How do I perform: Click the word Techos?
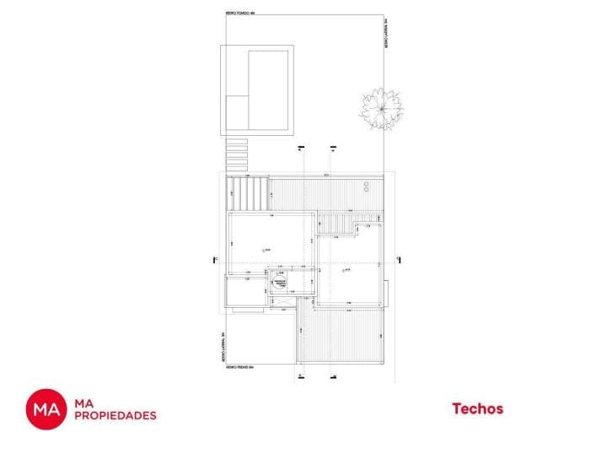[x=477, y=409]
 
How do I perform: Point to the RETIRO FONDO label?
[x=240, y=14]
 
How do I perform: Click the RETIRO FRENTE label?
[x=240, y=368]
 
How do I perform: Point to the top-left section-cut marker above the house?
[x=301, y=148]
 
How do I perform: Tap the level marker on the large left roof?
[x=265, y=250]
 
